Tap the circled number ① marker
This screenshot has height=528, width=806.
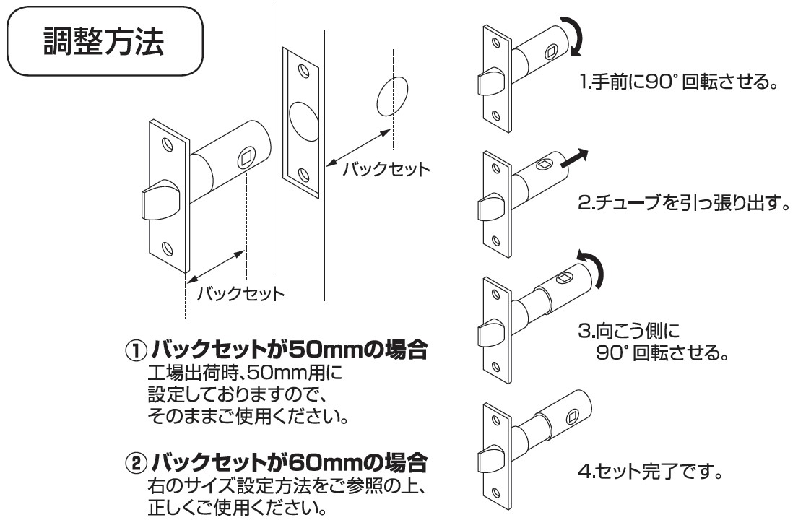point(136,352)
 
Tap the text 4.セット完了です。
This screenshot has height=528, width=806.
point(650,475)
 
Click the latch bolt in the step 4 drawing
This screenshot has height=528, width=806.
point(491,462)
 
